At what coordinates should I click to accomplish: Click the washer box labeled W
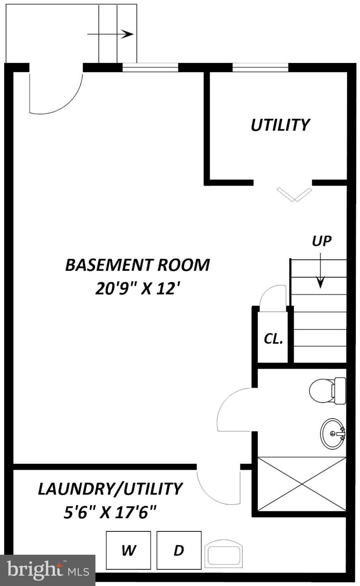[x=128, y=550]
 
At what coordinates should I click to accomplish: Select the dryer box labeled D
[x=179, y=550]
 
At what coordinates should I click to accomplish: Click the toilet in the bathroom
[x=327, y=391]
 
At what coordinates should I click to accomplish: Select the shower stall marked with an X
[x=302, y=484]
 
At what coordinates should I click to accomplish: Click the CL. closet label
[x=273, y=338]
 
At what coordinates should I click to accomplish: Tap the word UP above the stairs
[x=321, y=241]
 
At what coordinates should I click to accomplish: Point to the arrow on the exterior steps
[x=111, y=34]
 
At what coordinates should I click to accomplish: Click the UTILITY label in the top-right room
[x=280, y=125]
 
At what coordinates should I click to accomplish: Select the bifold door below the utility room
[x=294, y=194]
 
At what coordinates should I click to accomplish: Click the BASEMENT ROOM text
[x=137, y=265]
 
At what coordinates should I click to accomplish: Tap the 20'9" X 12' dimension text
[x=137, y=288]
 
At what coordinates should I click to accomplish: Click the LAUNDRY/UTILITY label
[x=110, y=489]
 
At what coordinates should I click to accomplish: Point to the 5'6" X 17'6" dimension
[x=110, y=512]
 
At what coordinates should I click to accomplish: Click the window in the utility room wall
[x=260, y=68]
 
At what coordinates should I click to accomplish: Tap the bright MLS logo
[x=48, y=570]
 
